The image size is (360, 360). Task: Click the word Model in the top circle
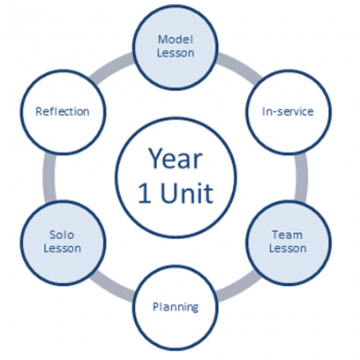pyautogui.click(x=176, y=40)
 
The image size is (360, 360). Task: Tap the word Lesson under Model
pyautogui.click(x=176, y=53)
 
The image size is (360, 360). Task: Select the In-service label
pyautogui.click(x=288, y=111)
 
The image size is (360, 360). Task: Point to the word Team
pyautogui.click(x=287, y=235)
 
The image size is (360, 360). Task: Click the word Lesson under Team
pyautogui.click(x=288, y=248)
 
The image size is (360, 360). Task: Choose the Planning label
pyautogui.click(x=176, y=308)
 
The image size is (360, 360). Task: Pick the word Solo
pyautogui.click(x=62, y=235)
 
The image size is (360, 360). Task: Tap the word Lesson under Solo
pyautogui.click(x=63, y=248)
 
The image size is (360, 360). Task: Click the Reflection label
pyautogui.click(x=63, y=111)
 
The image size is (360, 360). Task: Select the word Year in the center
pyautogui.click(x=176, y=158)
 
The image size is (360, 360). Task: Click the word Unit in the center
pyautogui.click(x=187, y=193)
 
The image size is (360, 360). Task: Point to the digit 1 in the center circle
pyautogui.click(x=145, y=193)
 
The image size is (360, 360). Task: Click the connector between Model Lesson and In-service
pyautogui.click(x=240, y=65)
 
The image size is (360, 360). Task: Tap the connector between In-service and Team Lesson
pyautogui.click(x=302, y=177)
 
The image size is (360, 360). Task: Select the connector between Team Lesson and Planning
pyautogui.click(x=239, y=289)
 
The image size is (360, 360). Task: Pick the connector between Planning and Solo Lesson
pyautogui.click(x=112, y=289)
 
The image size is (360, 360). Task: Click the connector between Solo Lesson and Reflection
pyautogui.click(x=49, y=177)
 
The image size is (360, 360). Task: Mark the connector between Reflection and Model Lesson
pyautogui.click(x=111, y=66)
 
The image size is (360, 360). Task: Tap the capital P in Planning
pyautogui.click(x=156, y=307)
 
